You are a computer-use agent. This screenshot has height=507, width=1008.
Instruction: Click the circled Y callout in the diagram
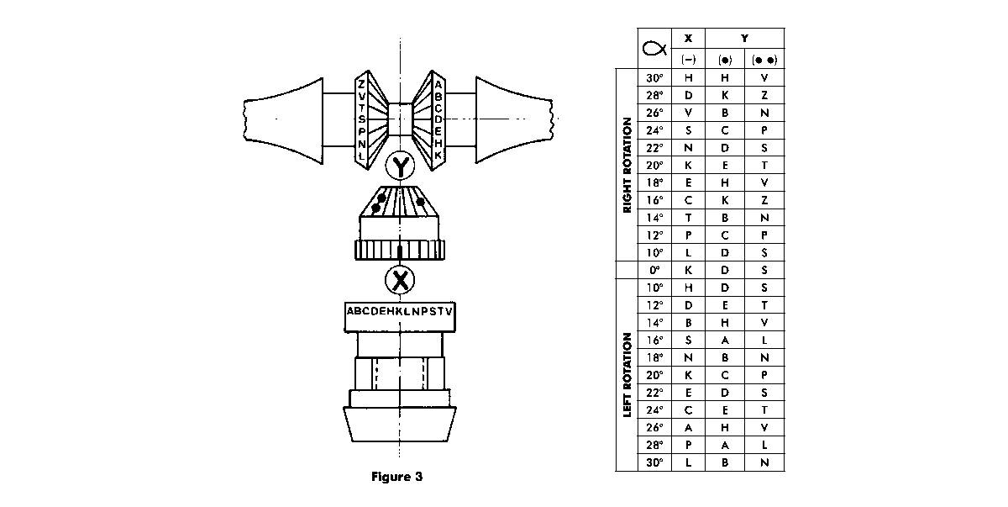tap(401, 168)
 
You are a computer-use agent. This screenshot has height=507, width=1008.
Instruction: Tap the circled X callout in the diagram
tap(400, 279)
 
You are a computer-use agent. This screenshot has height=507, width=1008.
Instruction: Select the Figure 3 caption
tap(396, 477)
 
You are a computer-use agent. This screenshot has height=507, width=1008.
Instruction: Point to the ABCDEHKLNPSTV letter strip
tap(400, 312)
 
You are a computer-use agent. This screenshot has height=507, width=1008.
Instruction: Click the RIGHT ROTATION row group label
tap(627, 165)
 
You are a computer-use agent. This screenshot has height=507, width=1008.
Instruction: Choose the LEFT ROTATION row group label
tap(627, 375)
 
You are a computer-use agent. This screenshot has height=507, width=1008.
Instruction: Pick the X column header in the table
tap(689, 38)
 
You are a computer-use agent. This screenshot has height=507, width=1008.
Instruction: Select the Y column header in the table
tap(744, 38)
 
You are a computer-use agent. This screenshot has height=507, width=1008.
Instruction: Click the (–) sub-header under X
tap(689, 60)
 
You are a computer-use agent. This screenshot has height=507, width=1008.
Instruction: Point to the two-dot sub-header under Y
tap(764, 60)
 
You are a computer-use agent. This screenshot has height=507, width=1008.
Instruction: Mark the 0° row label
tap(654, 270)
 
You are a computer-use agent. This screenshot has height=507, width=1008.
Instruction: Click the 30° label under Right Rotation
tap(654, 77)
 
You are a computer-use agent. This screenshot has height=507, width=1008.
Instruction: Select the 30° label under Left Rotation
tap(654, 462)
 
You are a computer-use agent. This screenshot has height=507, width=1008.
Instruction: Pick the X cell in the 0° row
tap(689, 270)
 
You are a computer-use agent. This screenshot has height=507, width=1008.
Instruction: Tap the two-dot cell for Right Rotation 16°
tap(764, 200)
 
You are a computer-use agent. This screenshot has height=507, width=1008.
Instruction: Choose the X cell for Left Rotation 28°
tap(689, 445)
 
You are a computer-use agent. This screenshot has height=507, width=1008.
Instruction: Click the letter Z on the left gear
tap(361, 84)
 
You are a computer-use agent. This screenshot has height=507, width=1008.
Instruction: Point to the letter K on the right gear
tap(438, 156)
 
